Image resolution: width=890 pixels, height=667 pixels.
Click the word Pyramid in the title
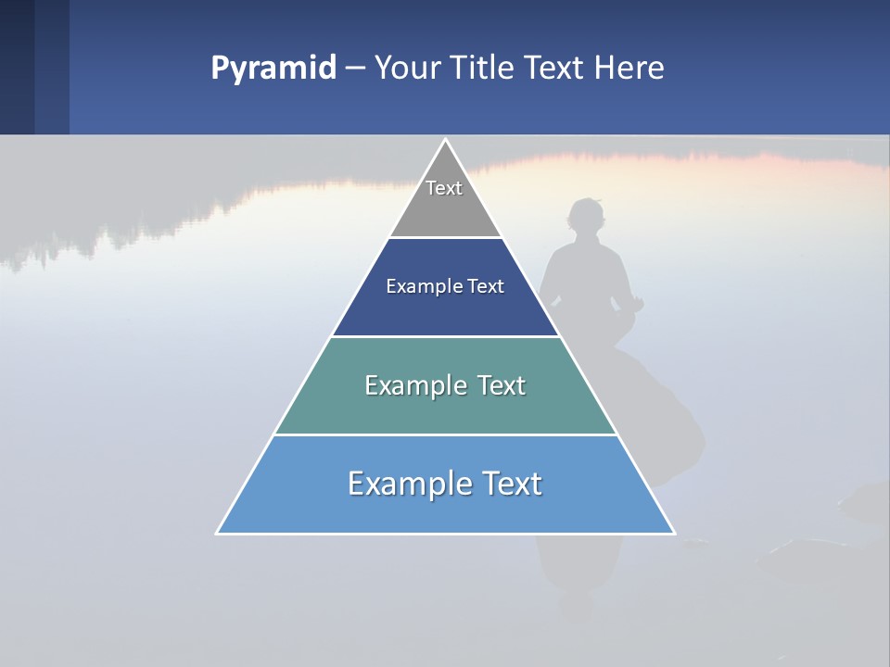(273, 69)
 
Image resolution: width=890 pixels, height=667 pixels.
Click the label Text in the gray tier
(444, 188)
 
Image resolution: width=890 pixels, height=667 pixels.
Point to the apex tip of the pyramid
(445, 141)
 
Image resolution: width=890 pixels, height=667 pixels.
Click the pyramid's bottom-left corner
(218, 533)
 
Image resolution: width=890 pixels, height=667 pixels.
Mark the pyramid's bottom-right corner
(673, 533)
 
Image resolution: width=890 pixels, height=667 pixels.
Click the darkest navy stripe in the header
(17, 67)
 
